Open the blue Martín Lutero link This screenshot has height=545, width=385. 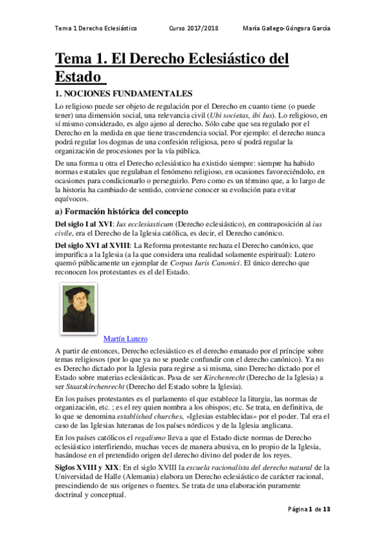coord(125,339)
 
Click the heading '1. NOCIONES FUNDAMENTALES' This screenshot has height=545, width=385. coord(124,93)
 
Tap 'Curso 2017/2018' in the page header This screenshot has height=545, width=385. coord(193,29)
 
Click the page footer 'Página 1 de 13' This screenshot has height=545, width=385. coord(309,527)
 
